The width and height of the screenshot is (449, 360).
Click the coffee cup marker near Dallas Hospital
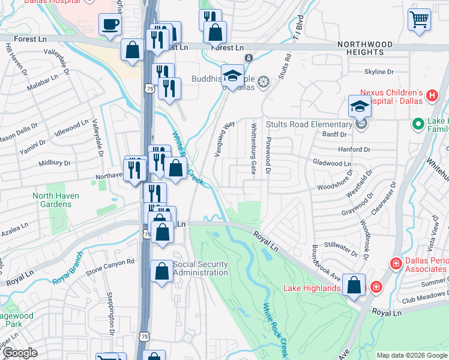[110, 25]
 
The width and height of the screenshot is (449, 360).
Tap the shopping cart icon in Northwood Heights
[419, 19]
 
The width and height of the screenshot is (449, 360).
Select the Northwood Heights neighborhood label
[365, 49]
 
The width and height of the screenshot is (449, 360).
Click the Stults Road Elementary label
[314, 124]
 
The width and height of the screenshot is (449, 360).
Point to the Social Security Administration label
[200, 268]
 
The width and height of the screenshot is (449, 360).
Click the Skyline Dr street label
[378, 71]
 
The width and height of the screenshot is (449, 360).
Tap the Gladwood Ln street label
[332, 163]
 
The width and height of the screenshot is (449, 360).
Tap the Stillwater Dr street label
[340, 244]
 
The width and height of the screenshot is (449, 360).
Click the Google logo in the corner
[19, 353]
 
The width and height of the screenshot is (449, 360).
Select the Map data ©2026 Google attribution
[411, 355]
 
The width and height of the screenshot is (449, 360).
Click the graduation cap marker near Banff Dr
[359, 106]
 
